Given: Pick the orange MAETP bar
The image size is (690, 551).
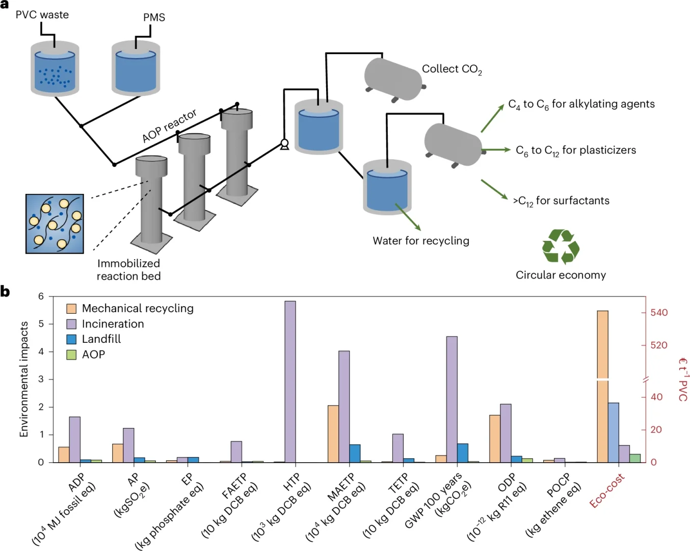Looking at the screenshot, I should [x=333, y=434].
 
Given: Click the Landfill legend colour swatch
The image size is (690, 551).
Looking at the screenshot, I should [x=71, y=339].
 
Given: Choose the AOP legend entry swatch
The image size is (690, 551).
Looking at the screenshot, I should [x=71, y=355].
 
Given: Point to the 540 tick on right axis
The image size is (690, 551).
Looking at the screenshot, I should [x=659, y=312].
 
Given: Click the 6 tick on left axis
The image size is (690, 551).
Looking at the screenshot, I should [x=41, y=296].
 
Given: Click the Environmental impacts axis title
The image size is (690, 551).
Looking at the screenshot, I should [x=23, y=379].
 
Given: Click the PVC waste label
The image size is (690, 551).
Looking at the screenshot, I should [x=42, y=15].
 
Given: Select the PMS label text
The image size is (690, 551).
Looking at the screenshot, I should [x=154, y=17].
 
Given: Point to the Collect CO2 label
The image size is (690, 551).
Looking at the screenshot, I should [x=452, y=69].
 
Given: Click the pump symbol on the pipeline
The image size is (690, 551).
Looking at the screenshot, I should [x=284, y=145].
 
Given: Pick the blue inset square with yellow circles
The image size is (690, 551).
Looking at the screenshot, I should [x=55, y=223].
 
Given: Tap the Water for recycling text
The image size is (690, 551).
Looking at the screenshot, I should [x=421, y=241].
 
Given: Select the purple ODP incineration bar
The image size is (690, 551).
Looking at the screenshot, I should [x=506, y=433].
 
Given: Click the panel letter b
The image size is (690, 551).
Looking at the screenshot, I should [x=5, y=292].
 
